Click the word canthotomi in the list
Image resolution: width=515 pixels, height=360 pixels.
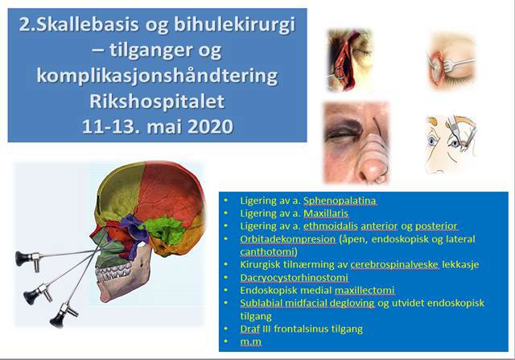click(x=262, y=250)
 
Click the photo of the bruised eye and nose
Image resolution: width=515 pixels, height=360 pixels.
click(x=356, y=142)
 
